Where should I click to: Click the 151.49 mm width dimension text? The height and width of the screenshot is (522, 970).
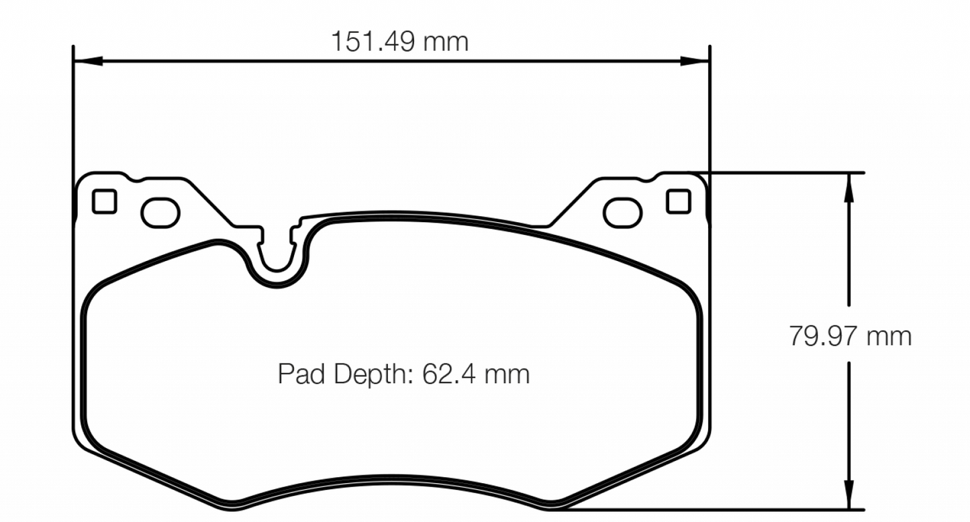click(x=399, y=42)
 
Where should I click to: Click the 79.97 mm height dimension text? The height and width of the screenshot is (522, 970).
click(x=850, y=335)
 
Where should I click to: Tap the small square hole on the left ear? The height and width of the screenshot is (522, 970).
click(x=104, y=201)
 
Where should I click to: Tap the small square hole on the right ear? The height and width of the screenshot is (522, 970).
click(x=678, y=201)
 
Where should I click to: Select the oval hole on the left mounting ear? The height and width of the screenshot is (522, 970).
click(x=161, y=212)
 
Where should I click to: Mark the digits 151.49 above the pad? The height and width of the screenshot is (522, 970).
click(x=373, y=42)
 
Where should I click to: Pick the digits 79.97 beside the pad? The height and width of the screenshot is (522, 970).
click(x=823, y=335)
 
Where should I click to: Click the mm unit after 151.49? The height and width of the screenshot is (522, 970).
click(x=446, y=42)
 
